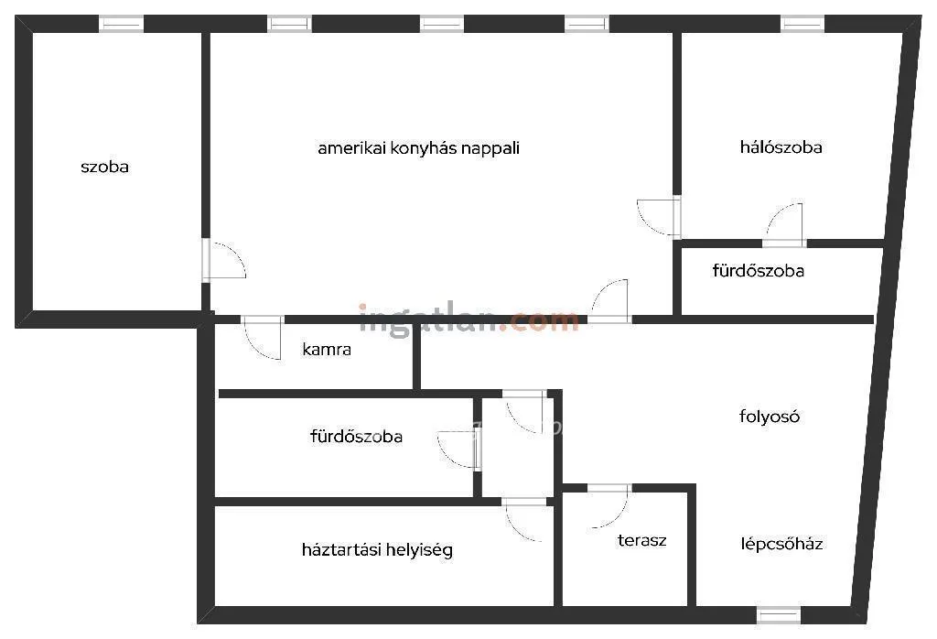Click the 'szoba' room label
104,167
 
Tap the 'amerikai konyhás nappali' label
418,148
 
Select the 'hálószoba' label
781,147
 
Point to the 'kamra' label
327,349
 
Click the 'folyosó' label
769,416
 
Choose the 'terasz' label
641,540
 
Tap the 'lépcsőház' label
781,544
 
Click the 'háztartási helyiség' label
377,549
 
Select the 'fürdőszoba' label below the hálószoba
758,271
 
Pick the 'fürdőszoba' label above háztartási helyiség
356,437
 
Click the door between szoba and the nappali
223,261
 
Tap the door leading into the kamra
263,338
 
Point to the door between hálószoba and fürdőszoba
784,225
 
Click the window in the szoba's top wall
122,24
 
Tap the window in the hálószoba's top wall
802,24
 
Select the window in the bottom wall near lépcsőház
778,615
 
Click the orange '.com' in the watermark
539,321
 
